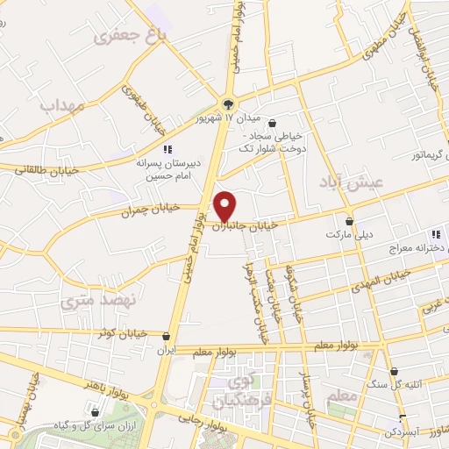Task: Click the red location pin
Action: (226, 205)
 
